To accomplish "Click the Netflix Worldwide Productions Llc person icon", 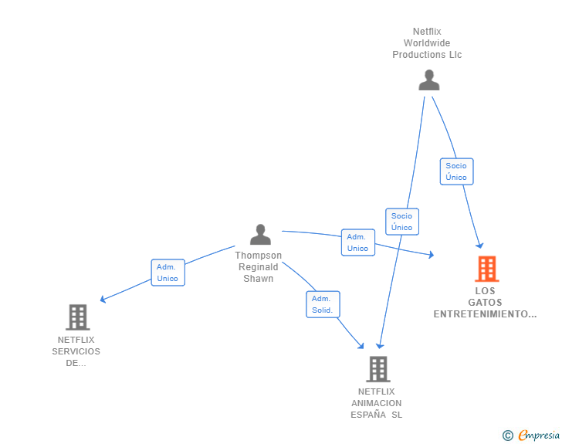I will click(x=428, y=80).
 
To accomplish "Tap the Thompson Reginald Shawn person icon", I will click(x=260, y=234).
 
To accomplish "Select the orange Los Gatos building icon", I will click(x=486, y=269).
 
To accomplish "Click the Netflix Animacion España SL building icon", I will click(x=377, y=369).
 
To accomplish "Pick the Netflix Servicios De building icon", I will click(x=77, y=317).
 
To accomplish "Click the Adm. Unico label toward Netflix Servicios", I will click(x=168, y=273).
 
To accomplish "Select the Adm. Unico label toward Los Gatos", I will click(x=357, y=242).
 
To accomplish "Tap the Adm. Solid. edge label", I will click(x=323, y=304).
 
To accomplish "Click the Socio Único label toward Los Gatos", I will click(x=456, y=171).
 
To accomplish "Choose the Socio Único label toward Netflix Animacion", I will click(x=401, y=222).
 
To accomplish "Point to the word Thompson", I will click(x=259, y=256).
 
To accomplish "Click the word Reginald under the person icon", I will click(x=259, y=267).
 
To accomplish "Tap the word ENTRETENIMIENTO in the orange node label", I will click(x=484, y=314).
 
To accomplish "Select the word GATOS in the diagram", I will click(x=485, y=303).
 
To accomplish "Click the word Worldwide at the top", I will click(x=427, y=43).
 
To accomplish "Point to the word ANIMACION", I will click(x=377, y=403).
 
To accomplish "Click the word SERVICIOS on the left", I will click(x=76, y=351).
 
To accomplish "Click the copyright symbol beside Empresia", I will click(x=508, y=436).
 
